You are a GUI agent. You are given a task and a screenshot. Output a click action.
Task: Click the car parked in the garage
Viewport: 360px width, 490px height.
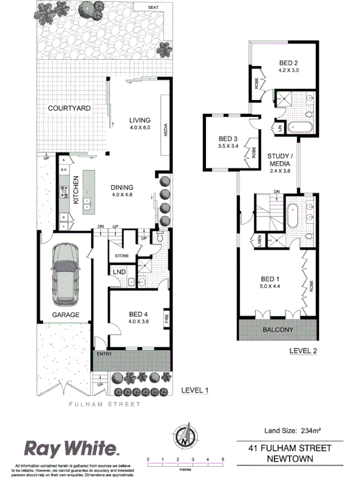click(x=65, y=275)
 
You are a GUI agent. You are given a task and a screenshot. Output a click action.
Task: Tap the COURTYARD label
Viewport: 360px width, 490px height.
click(x=69, y=108)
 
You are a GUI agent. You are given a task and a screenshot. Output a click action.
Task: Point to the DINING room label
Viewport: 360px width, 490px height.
click(x=122, y=188)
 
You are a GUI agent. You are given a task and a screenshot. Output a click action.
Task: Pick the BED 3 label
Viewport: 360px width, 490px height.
click(x=228, y=138)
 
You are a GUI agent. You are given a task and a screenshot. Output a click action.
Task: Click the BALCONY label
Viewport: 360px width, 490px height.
click(x=278, y=330)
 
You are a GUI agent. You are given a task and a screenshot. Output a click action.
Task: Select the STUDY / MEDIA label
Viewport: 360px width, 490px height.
click(x=280, y=160)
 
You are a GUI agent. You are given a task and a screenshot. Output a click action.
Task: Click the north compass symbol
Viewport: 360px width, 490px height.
click(x=184, y=435)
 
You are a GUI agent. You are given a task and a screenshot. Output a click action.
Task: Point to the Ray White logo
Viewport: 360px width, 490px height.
click(x=71, y=448)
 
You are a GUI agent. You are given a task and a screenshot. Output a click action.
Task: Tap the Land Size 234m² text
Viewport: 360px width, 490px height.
click(x=289, y=430)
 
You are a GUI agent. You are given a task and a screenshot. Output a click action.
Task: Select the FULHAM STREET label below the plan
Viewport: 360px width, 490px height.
click(x=105, y=404)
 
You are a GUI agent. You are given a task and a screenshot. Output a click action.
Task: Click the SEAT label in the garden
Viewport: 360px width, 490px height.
click(x=153, y=8)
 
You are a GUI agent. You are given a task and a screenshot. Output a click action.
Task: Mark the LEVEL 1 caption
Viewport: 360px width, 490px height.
click(x=195, y=391)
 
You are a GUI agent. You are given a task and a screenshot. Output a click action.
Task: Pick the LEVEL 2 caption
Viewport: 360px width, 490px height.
click(x=303, y=351)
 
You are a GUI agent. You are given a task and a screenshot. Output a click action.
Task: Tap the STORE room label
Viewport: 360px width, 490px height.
click(x=122, y=256)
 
